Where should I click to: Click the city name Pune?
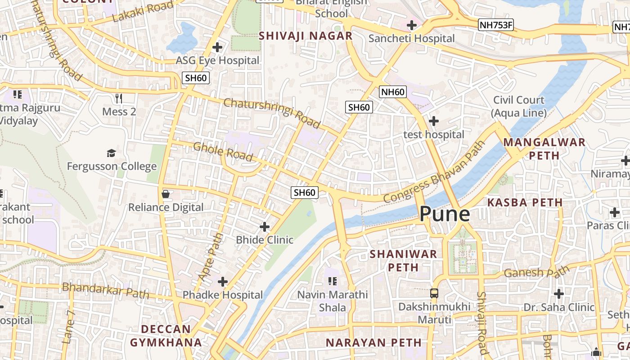[x=445, y=214]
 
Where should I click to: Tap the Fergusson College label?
[x=112, y=166]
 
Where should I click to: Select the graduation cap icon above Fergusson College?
[x=111, y=153]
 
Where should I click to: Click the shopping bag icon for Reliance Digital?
[x=165, y=194]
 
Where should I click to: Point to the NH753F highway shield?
[x=496, y=25]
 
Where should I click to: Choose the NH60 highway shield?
[x=393, y=92]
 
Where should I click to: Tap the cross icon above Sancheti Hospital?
[x=411, y=25]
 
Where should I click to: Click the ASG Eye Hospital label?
[x=217, y=60]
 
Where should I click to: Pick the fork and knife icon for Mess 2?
[x=119, y=98]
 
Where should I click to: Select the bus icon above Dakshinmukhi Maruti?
[x=434, y=293]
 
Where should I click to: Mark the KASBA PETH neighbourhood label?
[x=525, y=202]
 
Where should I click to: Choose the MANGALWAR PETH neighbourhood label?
[x=544, y=149]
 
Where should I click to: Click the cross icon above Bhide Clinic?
[x=265, y=226]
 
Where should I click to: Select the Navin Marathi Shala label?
[x=333, y=301]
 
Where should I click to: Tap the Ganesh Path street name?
[x=536, y=271]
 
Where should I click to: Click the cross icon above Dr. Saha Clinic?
[x=558, y=294]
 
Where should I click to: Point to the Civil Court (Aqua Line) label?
[x=519, y=106]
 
